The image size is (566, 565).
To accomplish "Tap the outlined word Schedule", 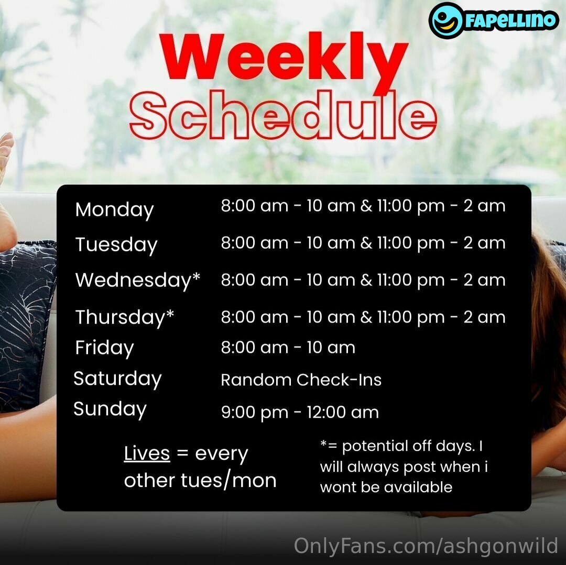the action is click(x=284, y=115).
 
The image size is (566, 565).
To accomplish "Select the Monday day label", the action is click(x=114, y=210).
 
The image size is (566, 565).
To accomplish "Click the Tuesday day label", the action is click(x=116, y=245).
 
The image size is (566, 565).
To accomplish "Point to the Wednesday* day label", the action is click(x=137, y=280).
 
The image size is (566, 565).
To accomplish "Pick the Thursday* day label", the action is click(x=125, y=317).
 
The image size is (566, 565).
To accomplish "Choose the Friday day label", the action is click(x=104, y=348).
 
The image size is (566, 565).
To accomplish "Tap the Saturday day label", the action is click(x=117, y=379).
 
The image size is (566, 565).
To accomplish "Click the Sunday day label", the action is click(x=110, y=409).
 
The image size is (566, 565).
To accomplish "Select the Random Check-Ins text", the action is click(x=301, y=380).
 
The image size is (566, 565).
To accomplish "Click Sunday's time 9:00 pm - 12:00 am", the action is click(x=300, y=413).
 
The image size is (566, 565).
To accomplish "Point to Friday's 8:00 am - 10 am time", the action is click(x=288, y=348).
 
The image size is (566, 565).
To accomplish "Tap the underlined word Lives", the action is click(x=147, y=453).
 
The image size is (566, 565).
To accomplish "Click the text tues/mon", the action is click(x=228, y=481).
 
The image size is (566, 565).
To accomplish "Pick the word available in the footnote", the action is click(x=418, y=487).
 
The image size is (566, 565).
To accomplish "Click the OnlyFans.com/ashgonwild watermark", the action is click(x=426, y=546).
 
